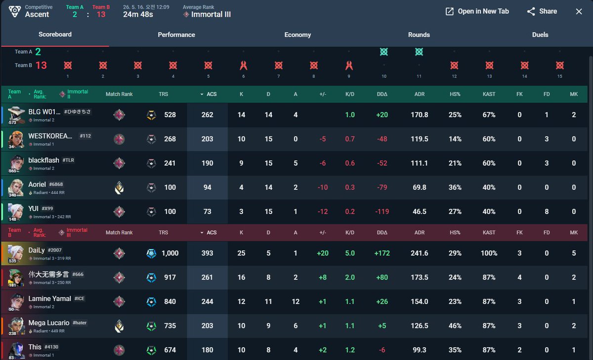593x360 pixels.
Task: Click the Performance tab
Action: click(x=176, y=35)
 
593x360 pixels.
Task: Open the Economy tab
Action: click(x=297, y=35)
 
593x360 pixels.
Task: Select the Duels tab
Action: click(x=540, y=35)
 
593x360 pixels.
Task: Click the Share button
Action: click(x=542, y=11)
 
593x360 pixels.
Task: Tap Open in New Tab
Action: click(x=477, y=11)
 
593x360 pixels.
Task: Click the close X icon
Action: click(x=579, y=11)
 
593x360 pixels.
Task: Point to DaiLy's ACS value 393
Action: click(x=207, y=253)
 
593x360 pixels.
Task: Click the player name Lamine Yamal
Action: click(x=50, y=299)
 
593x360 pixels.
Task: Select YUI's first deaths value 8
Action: click(x=547, y=212)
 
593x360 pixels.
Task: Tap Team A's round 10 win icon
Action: click(x=384, y=51)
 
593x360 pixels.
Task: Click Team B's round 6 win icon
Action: click(x=243, y=65)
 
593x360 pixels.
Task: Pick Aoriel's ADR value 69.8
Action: click(x=420, y=187)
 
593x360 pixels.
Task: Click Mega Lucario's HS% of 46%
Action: click(x=455, y=326)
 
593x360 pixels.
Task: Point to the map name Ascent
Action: click(x=37, y=14)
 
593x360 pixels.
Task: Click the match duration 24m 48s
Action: click(x=138, y=14)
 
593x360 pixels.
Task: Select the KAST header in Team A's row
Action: click(x=489, y=94)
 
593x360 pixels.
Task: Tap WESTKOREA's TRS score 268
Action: click(x=170, y=139)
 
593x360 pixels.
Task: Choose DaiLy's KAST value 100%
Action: click(x=489, y=253)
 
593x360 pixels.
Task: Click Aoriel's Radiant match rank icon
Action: click(x=119, y=187)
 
